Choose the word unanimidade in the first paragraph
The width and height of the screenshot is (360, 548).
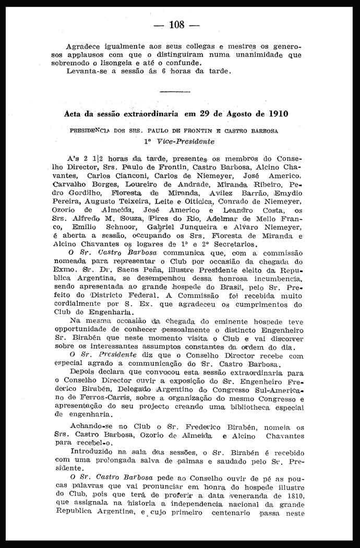[255, 54]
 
